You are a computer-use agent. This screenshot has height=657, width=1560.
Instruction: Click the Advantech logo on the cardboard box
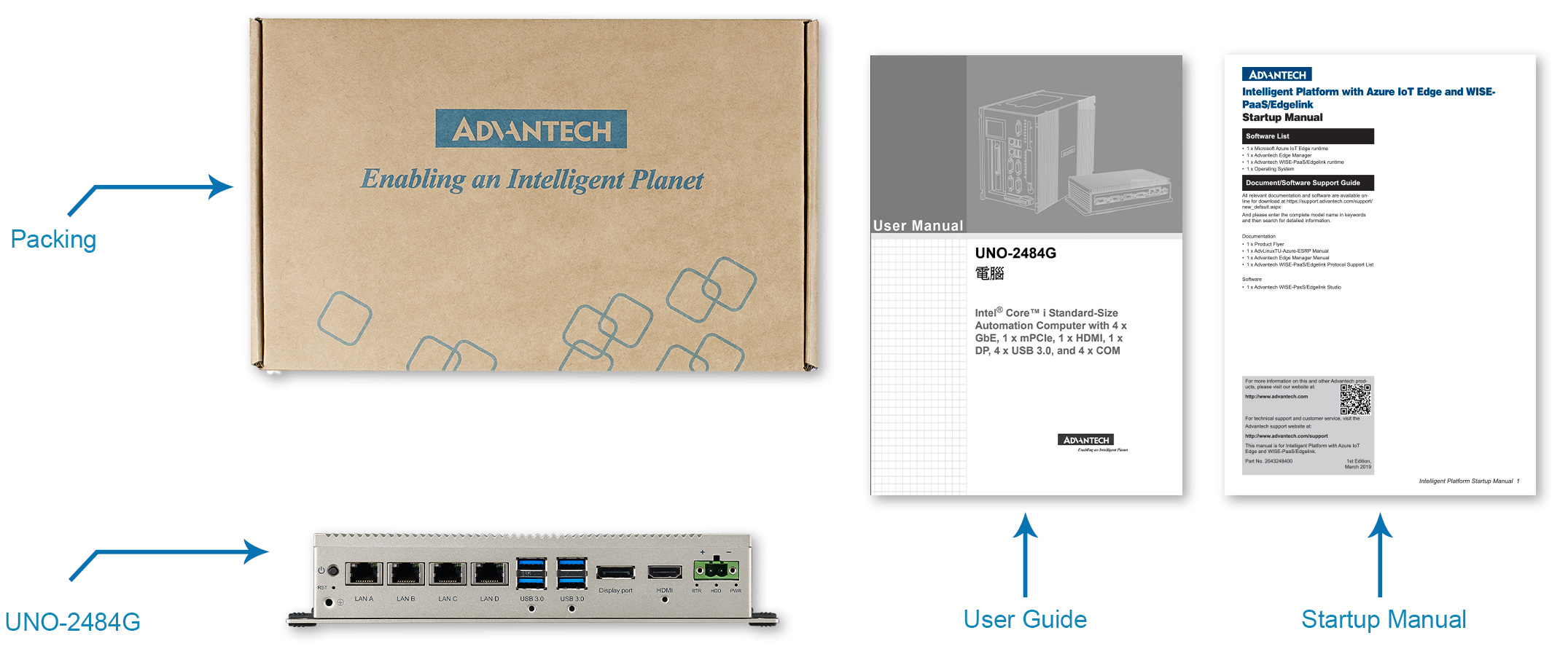coord(531,130)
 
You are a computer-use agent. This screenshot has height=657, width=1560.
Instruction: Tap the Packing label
coord(53,240)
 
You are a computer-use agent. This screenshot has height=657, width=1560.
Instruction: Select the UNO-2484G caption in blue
coord(73,622)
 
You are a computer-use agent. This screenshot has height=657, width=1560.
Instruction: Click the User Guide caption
coord(1025,619)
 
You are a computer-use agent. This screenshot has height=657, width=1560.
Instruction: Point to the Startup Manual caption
coord(1384,619)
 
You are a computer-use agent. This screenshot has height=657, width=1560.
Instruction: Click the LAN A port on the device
coord(364,574)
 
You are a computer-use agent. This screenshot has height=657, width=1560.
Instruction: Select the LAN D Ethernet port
coord(489,574)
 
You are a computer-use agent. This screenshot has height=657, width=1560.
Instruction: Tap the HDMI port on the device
coord(664,573)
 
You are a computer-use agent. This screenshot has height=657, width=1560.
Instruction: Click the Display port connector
coord(615,573)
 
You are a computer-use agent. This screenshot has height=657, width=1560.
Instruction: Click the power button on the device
coord(333,570)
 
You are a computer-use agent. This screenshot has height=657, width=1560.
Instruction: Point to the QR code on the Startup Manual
coord(1355,399)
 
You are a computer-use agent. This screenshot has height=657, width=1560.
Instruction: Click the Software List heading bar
coord(1308,136)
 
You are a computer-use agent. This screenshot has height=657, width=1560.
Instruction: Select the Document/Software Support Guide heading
coord(1308,183)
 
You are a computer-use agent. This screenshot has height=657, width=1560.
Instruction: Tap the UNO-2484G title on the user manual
coord(1015,253)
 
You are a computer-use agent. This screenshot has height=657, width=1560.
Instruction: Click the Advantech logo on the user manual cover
coord(1086,440)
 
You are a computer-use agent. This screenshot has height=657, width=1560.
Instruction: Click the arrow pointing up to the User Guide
coord(1025,554)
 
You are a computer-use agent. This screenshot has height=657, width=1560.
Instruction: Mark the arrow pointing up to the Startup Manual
coord(1379,554)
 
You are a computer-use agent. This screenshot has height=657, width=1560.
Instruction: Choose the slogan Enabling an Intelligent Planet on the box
coord(532,180)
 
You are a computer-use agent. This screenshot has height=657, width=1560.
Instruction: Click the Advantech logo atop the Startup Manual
coord(1276,74)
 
